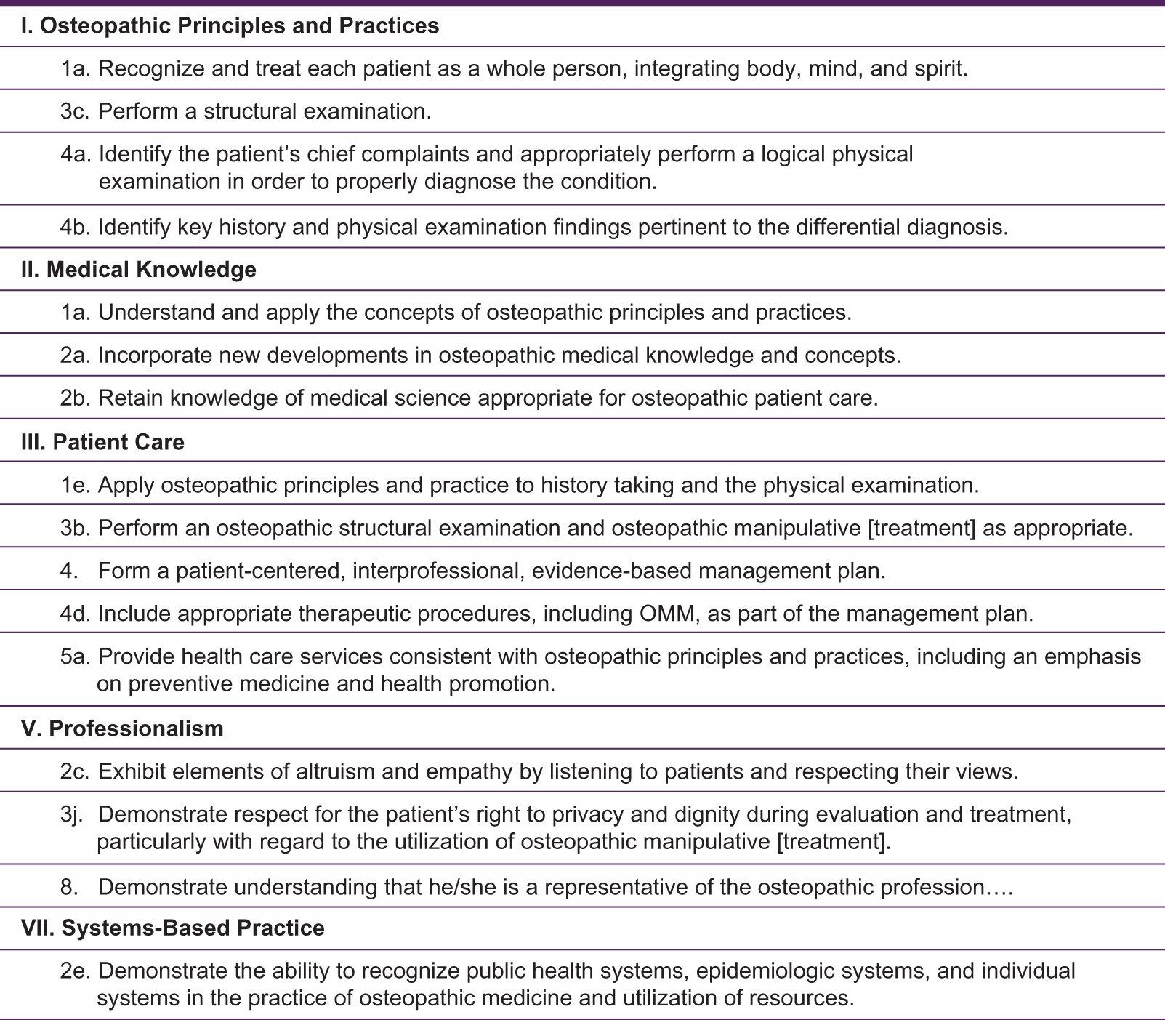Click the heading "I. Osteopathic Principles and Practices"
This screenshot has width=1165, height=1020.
[230, 26]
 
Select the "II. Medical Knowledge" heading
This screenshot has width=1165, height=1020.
[138, 270]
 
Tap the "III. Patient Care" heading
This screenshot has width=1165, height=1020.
[102, 442]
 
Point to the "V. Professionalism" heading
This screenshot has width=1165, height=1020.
[122, 728]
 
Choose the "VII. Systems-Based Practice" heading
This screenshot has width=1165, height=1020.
[172, 928]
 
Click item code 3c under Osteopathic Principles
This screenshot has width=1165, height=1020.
[75, 111]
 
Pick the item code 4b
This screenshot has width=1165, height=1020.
[76, 228]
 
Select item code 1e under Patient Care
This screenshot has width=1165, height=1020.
[75, 485]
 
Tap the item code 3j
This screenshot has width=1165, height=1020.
[73, 814]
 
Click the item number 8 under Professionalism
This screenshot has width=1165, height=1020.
[68, 887]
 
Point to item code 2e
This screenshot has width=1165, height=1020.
[75, 971]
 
